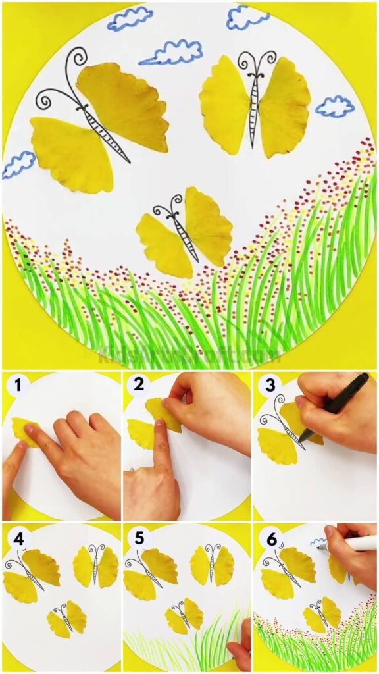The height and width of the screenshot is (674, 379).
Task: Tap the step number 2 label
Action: (x=139, y=385)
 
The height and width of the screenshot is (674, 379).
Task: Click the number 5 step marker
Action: (x=139, y=539)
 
